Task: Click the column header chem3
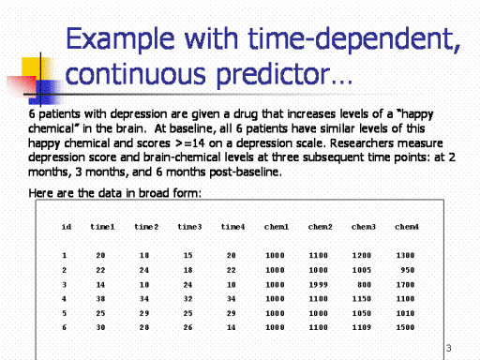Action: click(363, 227)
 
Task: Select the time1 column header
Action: click(102, 227)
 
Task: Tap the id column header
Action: click(67, 227)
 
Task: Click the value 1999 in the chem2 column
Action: click(318, 285)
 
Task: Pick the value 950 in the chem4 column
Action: click(408, 270)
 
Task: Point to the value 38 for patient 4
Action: click(100, 299)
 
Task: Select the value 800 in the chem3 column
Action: click(364, 285)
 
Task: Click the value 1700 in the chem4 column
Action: click(405, 285)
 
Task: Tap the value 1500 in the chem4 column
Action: click(405, 327)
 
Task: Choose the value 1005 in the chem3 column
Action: click(362, 270)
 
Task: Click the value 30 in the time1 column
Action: click(100, 327)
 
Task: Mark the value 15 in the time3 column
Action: click(187, 255)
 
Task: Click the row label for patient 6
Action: click(64, 327)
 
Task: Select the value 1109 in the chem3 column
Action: click(362, 327)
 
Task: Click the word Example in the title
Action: click(120, 39)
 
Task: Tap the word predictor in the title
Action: click(273, 75)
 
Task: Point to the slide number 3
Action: click(448, 348)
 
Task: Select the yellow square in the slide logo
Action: click(32, 67)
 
